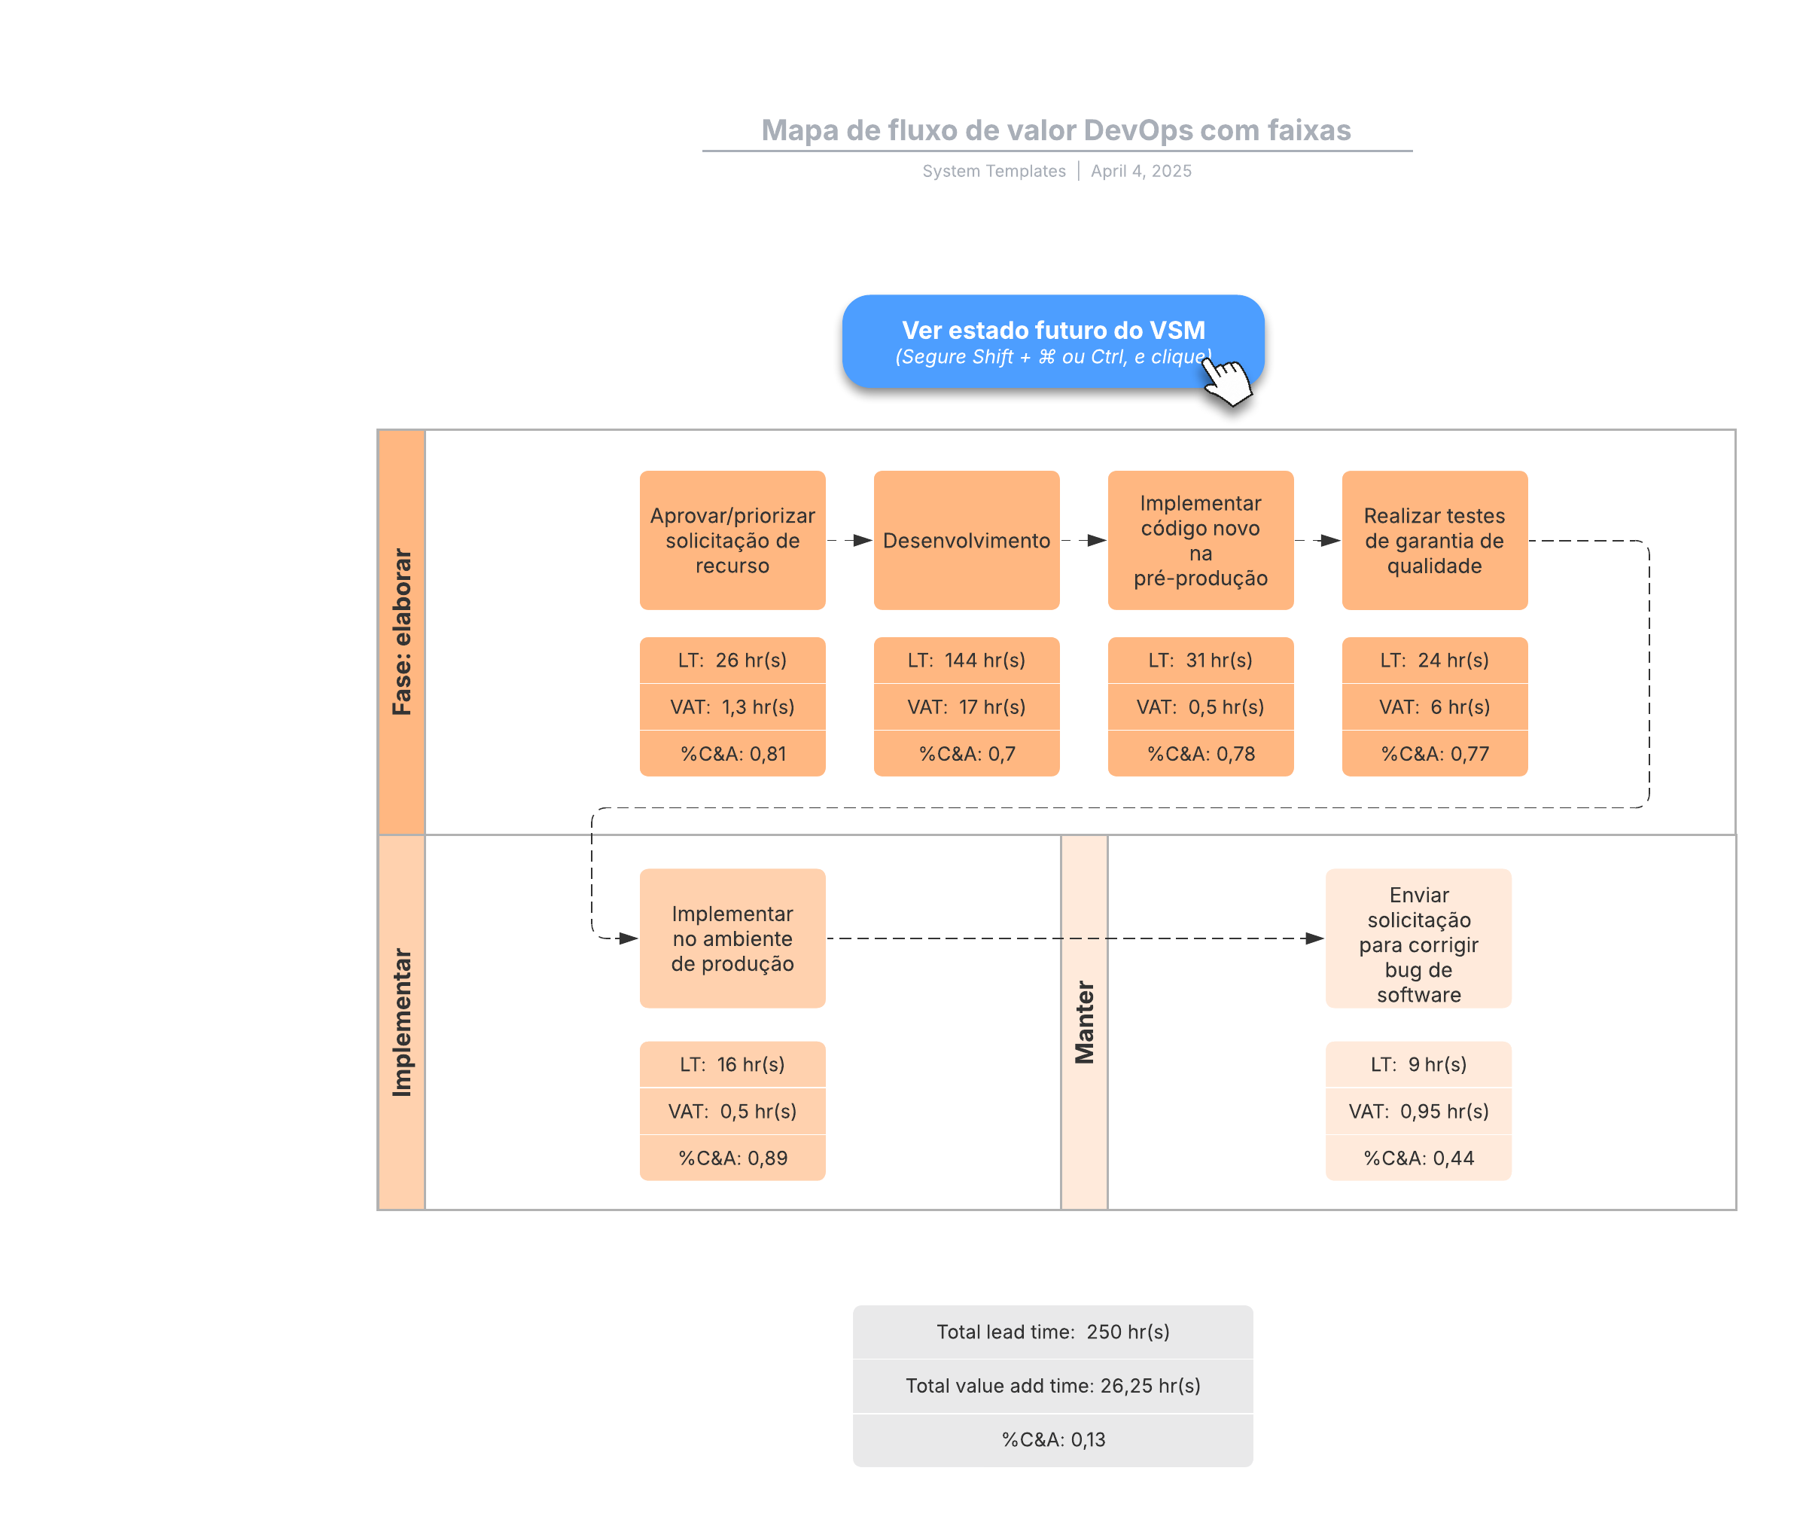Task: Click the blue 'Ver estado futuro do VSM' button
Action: [x=1053, y=342]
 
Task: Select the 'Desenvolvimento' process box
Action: [x=967, y=541]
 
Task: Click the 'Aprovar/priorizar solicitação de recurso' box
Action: [x=732, y=541]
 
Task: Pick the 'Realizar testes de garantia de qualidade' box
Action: [x=1435, y=541]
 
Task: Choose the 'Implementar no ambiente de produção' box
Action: [x=732, y=938]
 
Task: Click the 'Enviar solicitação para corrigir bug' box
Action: [x=1418, y=938]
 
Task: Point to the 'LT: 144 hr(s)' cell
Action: [x=967, y=660]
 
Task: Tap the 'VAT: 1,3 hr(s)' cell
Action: [x=732, y=707]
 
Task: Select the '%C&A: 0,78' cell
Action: [x=1200, y=753]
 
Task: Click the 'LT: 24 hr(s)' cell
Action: [x=1435, y=660]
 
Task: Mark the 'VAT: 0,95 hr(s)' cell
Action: [x=1418, y=1111]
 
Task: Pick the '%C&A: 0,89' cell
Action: [x=732, y=1158]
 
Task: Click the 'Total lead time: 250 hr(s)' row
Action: [x=1053, y=1332]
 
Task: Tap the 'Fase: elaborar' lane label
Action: [x=402, y=632]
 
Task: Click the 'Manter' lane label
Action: [x=1084, y=1022]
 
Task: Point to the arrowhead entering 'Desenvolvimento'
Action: [x=863, y=541]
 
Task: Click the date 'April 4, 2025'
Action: [x=1141, y=171]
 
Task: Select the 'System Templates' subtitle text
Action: [x=994, y=171]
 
